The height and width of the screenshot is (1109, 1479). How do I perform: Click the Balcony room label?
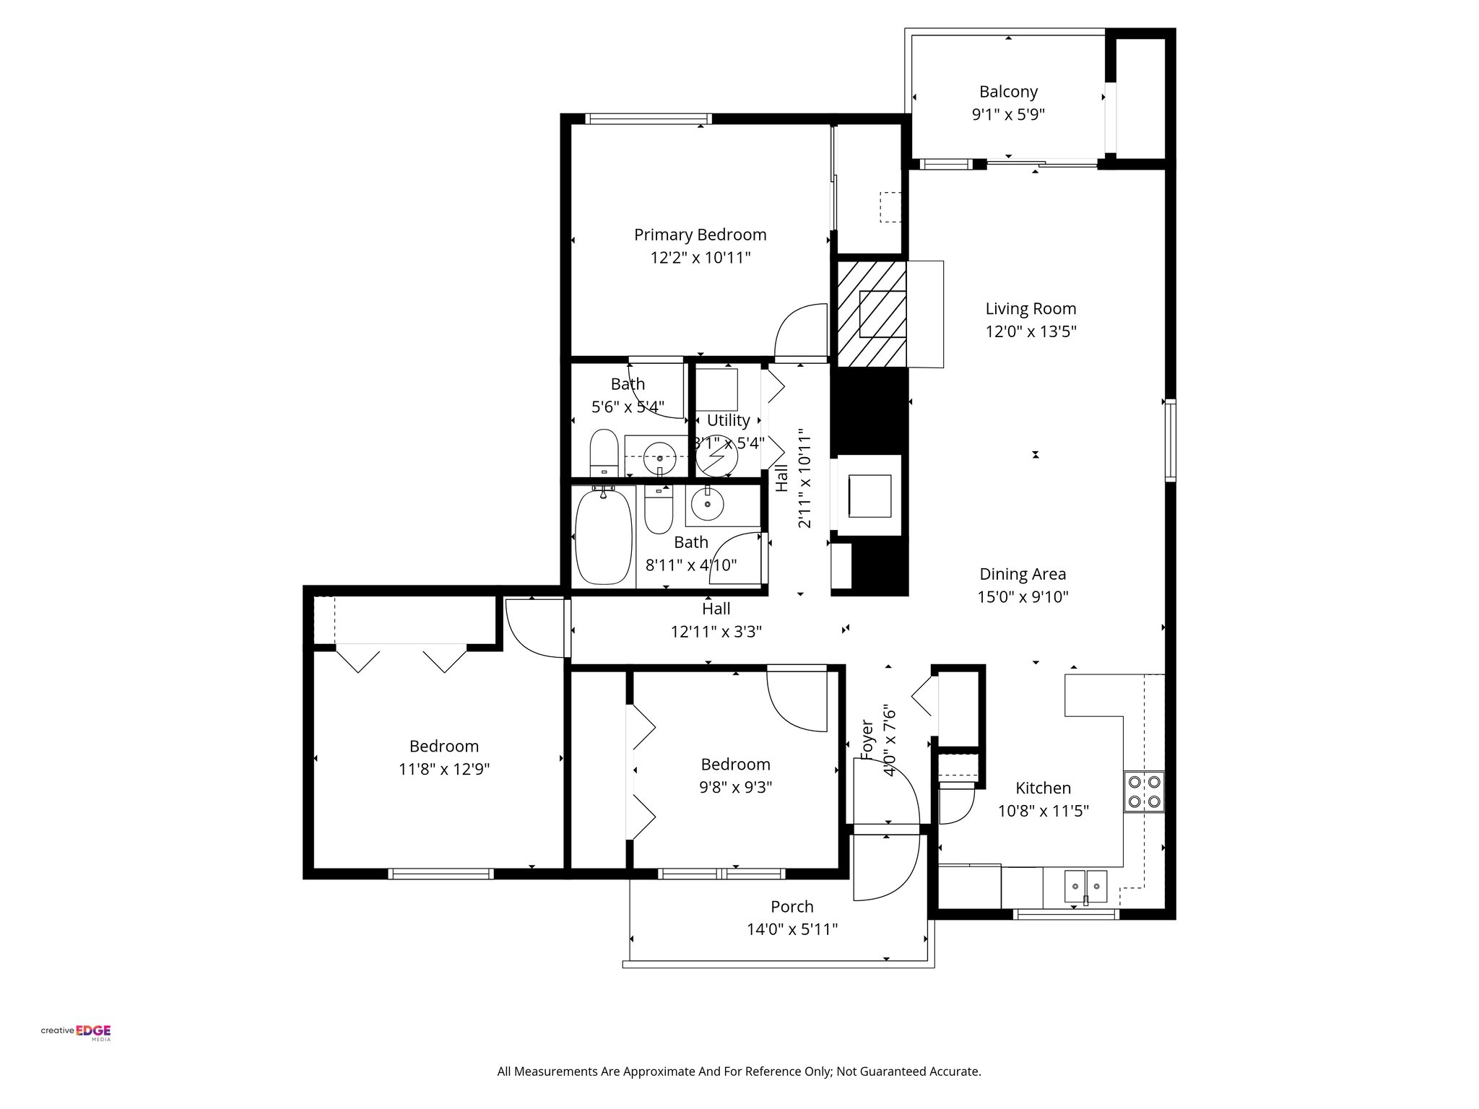1008,92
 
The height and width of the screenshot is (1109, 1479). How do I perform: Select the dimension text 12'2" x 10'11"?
700,258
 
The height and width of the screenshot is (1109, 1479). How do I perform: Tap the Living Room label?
1031,309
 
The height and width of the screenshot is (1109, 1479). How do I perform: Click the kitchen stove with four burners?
1143,791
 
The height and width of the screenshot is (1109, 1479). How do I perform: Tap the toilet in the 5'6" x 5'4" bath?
603,453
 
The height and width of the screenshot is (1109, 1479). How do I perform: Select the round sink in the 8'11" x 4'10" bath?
707,503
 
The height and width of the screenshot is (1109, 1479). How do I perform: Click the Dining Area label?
1022,574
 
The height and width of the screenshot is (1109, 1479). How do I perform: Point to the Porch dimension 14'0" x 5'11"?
791,929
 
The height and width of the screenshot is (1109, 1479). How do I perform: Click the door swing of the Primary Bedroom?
800,332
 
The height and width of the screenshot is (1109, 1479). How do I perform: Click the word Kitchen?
1043,788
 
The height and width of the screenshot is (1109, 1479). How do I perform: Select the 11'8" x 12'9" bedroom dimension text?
443,770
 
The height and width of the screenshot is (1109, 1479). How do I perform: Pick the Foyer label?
867,740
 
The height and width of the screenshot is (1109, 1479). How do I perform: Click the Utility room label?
728,420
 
